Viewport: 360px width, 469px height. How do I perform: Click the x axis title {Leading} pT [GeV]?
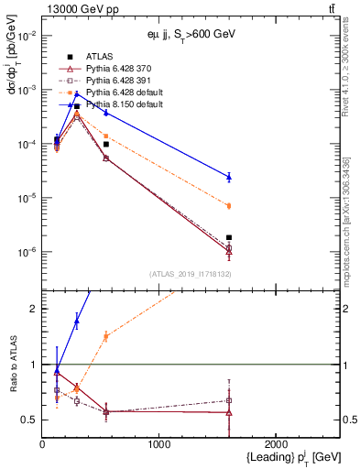[291, 458]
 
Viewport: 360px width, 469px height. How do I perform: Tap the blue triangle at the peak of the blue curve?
[77, 93]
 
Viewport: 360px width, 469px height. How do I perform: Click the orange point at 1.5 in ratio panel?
[106, 336]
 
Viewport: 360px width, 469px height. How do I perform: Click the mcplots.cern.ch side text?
[349, 229]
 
